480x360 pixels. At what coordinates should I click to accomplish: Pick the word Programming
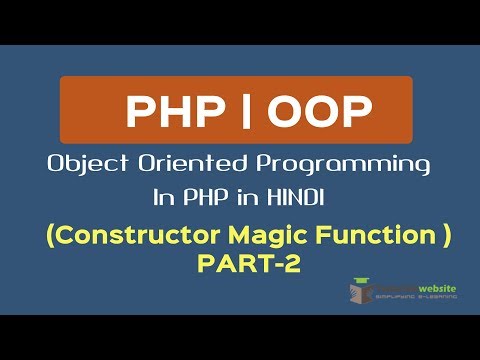pyautogui.click(x=340, y=163)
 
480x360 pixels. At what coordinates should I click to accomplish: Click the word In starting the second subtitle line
pyautogui.click(x=163, y=200)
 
